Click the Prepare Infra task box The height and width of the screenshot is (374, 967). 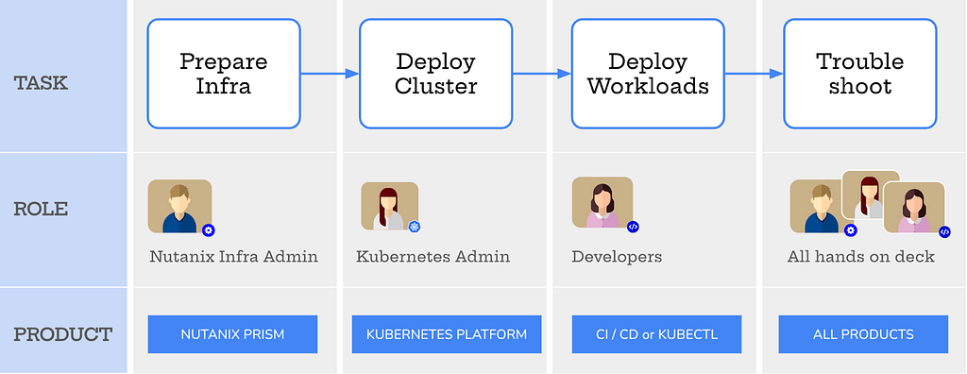pyautogui.click(x=224, y=74)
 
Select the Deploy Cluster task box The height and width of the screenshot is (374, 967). pyautogui.click(x=435, y=74)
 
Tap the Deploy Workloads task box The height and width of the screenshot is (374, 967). pyautogui.click(x=648, y=74)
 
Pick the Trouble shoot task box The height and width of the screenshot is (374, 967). pyautogui.click(x=859, y=74)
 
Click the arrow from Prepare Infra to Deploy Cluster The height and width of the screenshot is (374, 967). pyautogui.click(x=330, y=73)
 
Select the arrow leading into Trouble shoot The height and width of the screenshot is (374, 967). pyautogui.click(x=754, y=73)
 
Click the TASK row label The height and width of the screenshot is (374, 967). pyautogui.click(x=41, y=83)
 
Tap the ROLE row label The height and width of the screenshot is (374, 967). pyautogui.click(x=41, y=210)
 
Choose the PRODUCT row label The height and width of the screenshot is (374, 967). pyautogui.click(x=62, y=334)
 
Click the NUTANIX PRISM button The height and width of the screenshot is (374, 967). pyautogui.click(x=232, y=334)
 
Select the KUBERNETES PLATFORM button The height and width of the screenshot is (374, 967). pyautogui.click(x=447, y=334)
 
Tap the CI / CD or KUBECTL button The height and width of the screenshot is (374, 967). pyautogui.click(x=656, y=334)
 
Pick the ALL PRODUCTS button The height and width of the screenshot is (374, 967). pyautogui.click(x=863, y=334)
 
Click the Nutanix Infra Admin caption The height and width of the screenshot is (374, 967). pyautogui.click(x=233, y=256)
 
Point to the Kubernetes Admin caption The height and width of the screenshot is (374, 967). pyautogui.click(x=433, y=256)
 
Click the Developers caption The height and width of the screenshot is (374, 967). pyautogui.click(x=617, y=256)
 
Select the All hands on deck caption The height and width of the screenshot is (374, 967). pyautogui.click(x=860, y=256)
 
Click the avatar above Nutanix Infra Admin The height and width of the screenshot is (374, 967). pyautogui.click(x=179, y=206)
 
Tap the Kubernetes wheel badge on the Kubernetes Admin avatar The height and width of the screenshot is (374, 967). pyautogui.click(x=414, y=227)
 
